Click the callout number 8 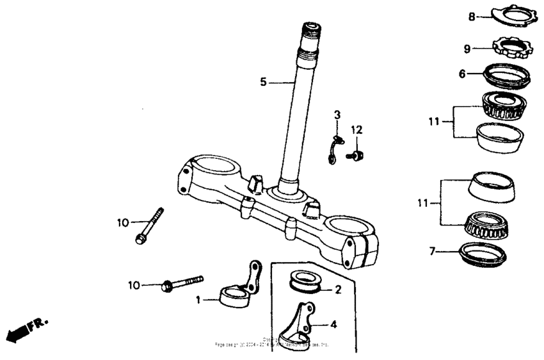[x=472, y=17]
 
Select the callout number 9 [x=467, y=49]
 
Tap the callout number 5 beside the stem [x=262, y=82]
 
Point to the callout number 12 [x=356, y=130]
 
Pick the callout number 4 [x=333, y=324]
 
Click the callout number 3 [x=337, y=115]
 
